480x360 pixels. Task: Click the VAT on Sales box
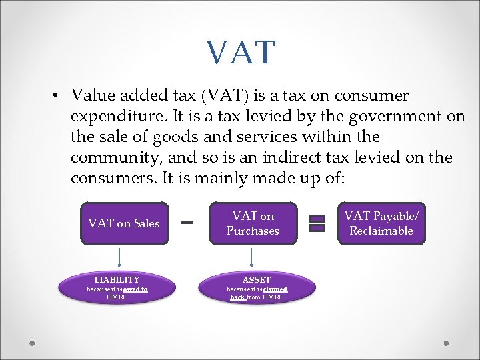click(124, 223)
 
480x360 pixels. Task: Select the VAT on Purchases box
click(253, 223)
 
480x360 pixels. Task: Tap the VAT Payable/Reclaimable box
click(381, 223)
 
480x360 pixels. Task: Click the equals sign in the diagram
click(317, 223)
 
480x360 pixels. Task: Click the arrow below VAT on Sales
click(120, 257)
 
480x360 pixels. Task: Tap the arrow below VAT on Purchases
click(252, 257)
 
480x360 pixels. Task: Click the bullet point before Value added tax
click(57, 96)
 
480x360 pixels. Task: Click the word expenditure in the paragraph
click(116, 117)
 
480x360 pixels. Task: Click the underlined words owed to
click(135, 289)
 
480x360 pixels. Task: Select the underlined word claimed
click(275, 289)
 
